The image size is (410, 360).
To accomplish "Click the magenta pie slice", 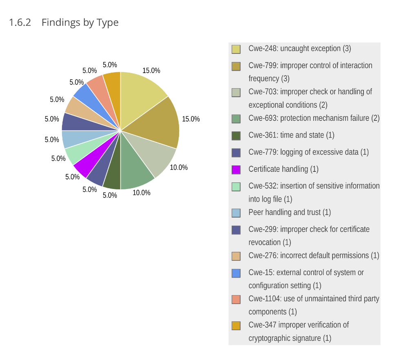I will (84, 166).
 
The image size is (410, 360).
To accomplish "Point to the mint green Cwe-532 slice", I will (77, 153).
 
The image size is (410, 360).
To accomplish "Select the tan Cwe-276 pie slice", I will (76, 108).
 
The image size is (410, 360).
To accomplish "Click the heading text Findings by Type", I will (80, 22).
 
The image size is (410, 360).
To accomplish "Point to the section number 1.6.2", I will (20, 22).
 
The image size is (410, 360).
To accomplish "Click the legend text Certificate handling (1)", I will (283, 169).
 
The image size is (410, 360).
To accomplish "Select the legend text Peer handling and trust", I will (289, 212).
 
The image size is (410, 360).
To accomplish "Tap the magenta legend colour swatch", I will (236, 169).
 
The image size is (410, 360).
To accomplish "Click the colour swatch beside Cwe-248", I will (236, 49).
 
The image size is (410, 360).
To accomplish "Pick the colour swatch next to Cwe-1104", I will (236, 299).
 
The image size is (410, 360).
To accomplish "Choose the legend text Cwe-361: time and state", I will (291, 135).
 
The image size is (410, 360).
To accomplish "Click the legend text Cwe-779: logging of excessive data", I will (308, 152).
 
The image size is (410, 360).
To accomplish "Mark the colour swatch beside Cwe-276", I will (236, 256).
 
